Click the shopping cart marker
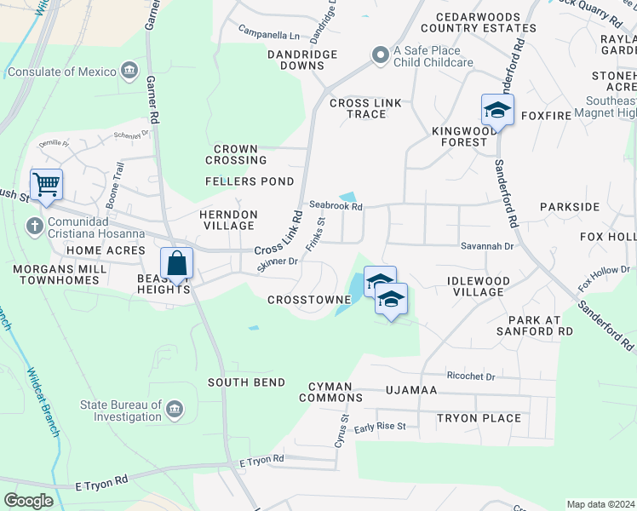tap(46, 183)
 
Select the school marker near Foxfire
tap(497, 111)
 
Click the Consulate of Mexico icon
tap(129, 69)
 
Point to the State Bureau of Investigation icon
tap(175, 411)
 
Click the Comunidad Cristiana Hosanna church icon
tap(34, 226)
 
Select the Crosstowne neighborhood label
tap(309, 300)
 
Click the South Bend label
tap(246, 382)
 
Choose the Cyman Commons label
tap(330, 392)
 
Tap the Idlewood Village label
tap(479, 286)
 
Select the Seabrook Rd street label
tap(336, 205)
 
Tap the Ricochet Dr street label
tap(470, 376)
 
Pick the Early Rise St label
tap(381, 427)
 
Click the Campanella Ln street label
tap(268, 36)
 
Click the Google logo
tap(28, 500)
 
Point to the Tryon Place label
tap(479, 418)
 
